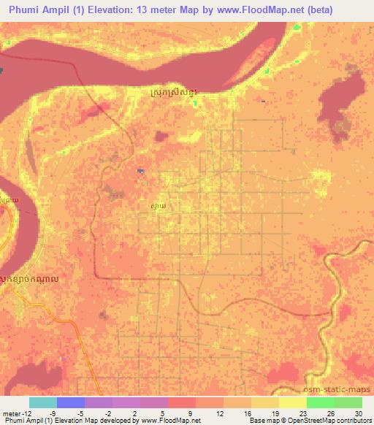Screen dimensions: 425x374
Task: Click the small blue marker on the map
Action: (x=140, y=171)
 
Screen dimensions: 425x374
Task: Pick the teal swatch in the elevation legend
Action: (x=43, y=402)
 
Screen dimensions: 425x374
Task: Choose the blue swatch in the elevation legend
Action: (x=71, y=402)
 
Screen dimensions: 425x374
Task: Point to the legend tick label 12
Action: (x=220, y=413)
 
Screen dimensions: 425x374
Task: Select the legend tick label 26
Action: (x=331, y=413)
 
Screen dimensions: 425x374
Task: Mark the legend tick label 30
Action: (x=357, y=413)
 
